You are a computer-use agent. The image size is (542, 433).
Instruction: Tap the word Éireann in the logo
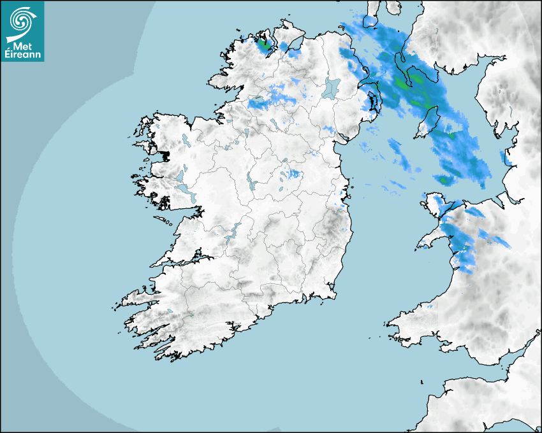(x=24, y=55)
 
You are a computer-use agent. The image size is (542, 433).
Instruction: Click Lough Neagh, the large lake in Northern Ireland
(x=332, y=87)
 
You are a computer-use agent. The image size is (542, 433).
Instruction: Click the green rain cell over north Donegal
(x=263, y=45)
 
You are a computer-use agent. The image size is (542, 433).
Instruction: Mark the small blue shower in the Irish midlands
(x=293, y=174)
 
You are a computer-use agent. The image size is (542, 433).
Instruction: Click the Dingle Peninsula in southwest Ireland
(x=134, y=297)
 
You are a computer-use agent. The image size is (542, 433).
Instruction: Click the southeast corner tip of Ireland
(x=332, y=294)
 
